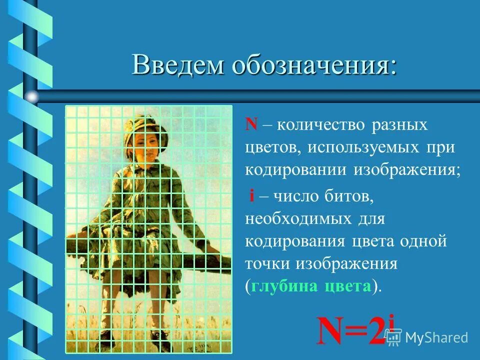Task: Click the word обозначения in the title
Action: point(313,66)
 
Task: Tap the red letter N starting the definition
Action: point(250,124)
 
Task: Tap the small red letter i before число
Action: point(252,196)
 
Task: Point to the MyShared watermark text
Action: point(436,337)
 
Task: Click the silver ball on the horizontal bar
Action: point(32,96)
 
